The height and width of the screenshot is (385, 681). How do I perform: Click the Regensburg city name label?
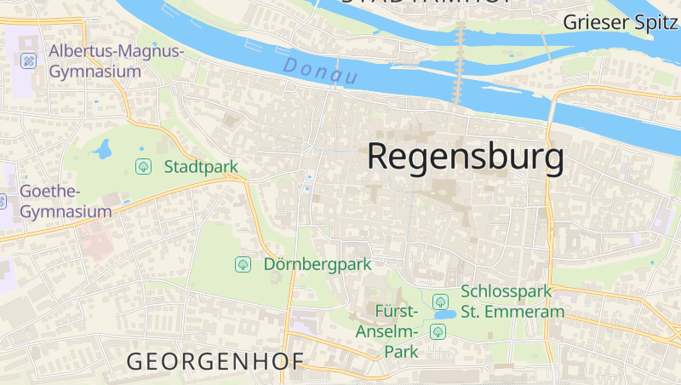465,158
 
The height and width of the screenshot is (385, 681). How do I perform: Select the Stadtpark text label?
201,167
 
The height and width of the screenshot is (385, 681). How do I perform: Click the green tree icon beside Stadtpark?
143,167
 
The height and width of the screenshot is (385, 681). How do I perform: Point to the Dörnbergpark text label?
318,264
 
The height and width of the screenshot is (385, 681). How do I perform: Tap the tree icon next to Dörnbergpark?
243,264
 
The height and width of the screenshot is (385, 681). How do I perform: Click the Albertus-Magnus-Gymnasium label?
116,61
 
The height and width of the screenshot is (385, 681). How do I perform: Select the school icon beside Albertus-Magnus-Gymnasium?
28,60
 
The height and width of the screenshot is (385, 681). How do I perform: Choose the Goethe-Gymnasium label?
66,201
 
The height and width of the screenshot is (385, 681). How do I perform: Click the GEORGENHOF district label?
215,361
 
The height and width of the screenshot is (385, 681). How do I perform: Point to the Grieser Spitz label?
620,22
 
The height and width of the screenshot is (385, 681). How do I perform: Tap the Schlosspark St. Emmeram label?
512,302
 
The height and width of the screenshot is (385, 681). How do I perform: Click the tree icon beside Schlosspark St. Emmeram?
440,301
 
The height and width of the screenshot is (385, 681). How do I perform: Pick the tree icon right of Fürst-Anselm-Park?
438,330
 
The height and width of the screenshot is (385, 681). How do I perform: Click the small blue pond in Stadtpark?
104,150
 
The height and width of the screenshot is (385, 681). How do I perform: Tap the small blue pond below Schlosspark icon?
444,314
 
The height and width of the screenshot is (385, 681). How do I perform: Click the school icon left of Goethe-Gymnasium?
3,201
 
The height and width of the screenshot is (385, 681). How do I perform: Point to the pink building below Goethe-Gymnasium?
95,242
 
